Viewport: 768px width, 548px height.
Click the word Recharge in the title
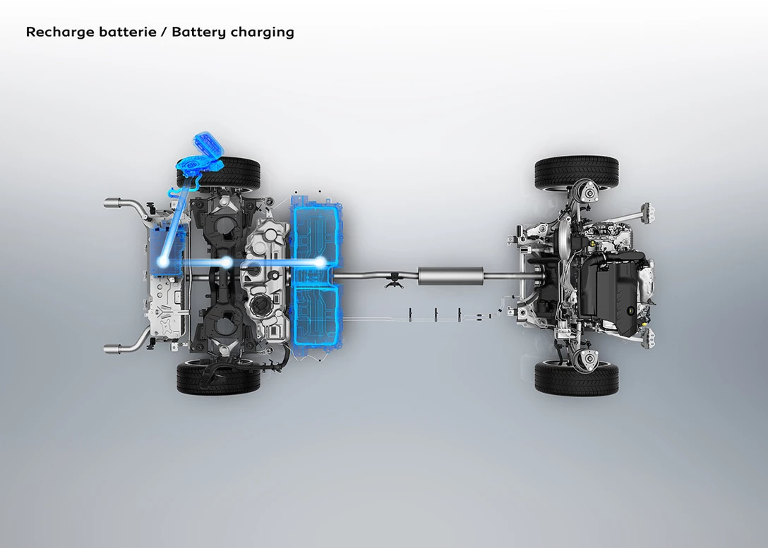pos(60,32)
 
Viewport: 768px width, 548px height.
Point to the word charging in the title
pos(263,32)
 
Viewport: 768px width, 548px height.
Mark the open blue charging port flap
pos(209,145)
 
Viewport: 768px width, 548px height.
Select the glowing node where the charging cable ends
pos(164,262)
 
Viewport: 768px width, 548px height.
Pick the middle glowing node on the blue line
pos(226,263)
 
